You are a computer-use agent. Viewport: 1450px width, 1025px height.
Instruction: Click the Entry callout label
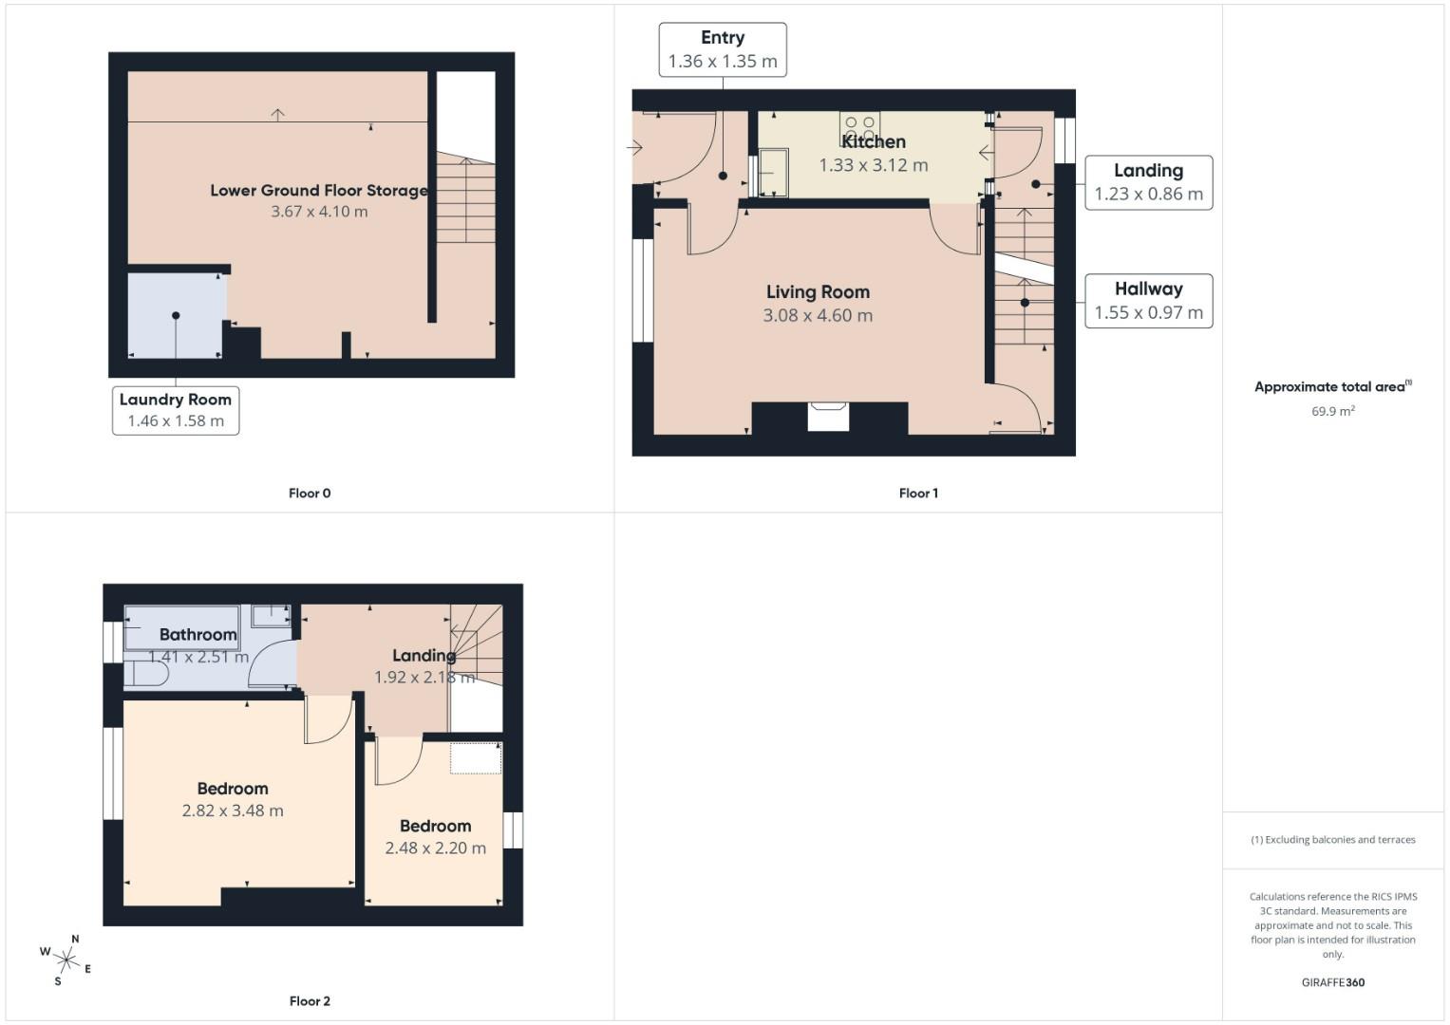tap(723, 49)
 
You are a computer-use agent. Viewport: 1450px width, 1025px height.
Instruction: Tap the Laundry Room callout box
tap(176, 410)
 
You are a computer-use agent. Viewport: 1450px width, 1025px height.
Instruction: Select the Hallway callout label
tap(1148, 301)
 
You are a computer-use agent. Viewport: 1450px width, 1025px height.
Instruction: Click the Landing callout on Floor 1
tap(1148, 182)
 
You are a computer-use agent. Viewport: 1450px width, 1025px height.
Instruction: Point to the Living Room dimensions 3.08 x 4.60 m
tap(818, 315)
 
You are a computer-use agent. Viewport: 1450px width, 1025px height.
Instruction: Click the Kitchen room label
tap(873, 141)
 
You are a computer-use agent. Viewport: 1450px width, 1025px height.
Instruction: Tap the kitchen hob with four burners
tap(859, 126)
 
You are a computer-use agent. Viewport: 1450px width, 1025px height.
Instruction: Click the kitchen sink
tap(773, 173)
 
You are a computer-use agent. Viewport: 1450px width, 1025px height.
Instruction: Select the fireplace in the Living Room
tap(828, 417)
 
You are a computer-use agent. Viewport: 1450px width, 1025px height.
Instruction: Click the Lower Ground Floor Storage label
tap(319, 190)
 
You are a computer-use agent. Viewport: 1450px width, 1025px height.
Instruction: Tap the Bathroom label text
tap(198, 634)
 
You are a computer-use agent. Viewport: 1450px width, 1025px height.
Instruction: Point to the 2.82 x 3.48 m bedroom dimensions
tap(233, 811)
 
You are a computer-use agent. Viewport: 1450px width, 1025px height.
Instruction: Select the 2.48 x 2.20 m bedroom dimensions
tap(435, 848)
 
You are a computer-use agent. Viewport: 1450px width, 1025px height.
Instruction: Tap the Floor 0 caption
tap(310, 493)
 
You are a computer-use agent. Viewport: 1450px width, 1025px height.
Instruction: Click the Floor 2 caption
tap(310, 1000)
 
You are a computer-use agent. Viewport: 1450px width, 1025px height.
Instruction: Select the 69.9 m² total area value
tap(1332, 411)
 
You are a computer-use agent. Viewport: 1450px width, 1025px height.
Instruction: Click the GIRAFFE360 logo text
tap(1332, 982)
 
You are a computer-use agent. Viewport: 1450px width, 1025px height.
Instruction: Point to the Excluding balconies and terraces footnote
tap(1332, 840)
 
